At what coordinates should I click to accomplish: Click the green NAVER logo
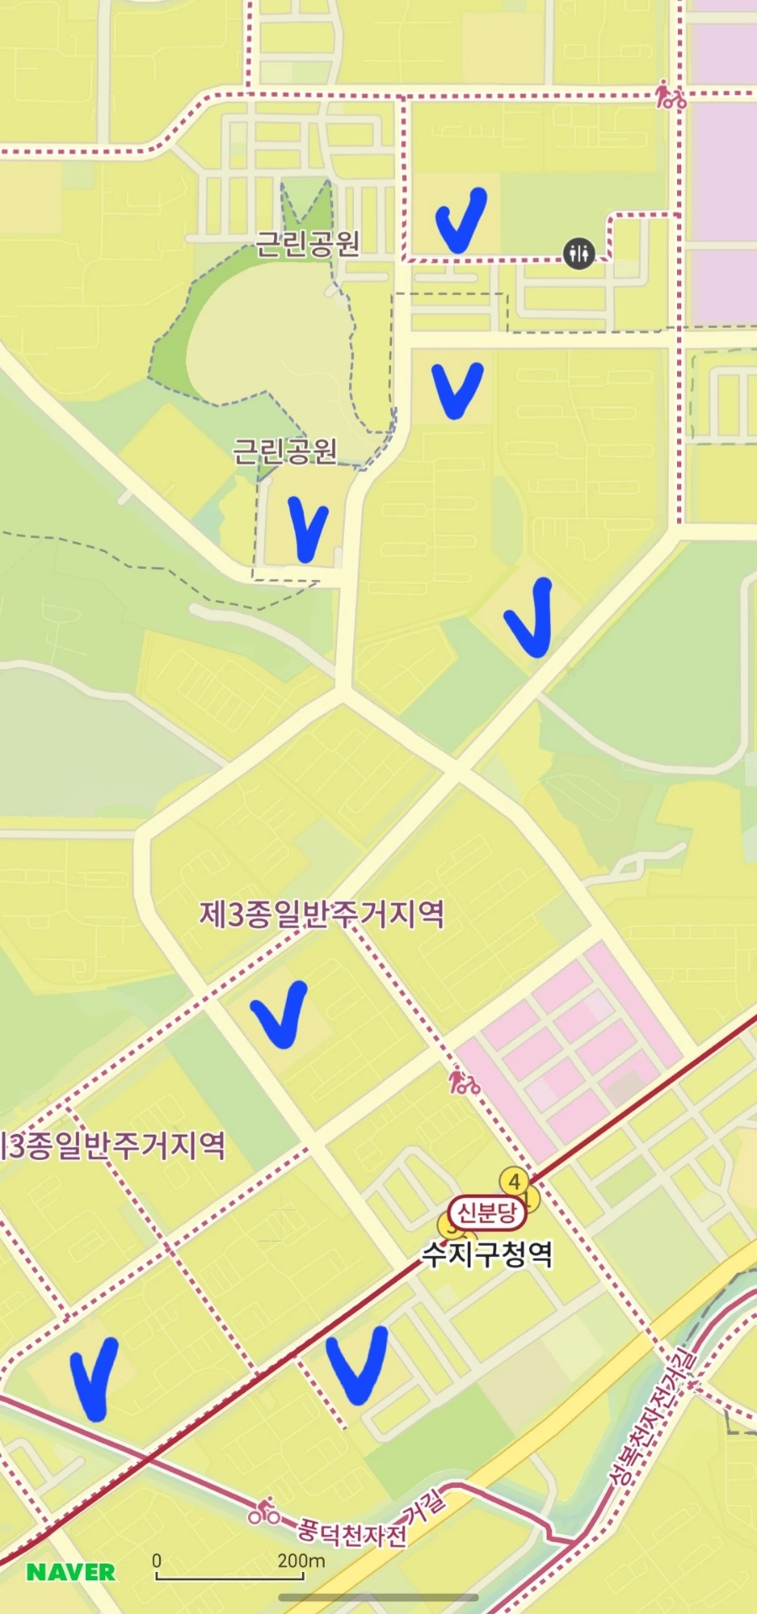(x=71, y=1572)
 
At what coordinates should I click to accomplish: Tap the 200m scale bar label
(x=301, y=1560)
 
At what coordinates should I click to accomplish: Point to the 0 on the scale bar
(x=156, y=1560)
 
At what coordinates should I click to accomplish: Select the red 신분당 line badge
(x=487, y=1212)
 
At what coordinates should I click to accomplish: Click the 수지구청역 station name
(x=487, y=1253)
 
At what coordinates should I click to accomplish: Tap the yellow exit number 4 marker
(x=515, y=1180)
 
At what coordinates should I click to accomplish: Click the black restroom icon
(x=579, y=251)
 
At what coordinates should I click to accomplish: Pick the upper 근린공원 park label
(x=308, y=243)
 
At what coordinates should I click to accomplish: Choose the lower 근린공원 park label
(x=285, y=451)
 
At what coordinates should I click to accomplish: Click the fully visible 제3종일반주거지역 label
(x=322, y=914)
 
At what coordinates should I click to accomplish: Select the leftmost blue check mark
(x=94, y=1379)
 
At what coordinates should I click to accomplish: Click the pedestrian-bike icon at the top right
(x=670, y=94)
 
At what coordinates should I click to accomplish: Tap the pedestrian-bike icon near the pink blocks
(x=463, y=1080)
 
